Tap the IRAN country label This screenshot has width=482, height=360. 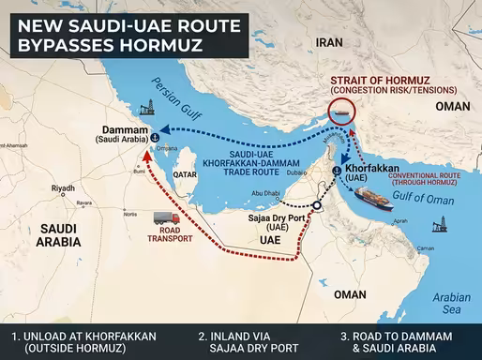pos(330,41)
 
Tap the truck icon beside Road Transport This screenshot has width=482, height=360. pos(166,218)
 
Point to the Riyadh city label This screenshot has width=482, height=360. pos(63,188)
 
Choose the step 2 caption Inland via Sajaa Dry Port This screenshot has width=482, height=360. pos(249,341)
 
